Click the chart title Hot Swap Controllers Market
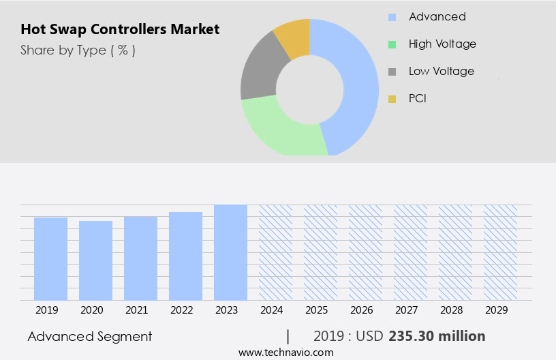(120, 29)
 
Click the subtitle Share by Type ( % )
(78, 50)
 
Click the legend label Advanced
(437, 16)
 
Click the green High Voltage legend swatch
(392, 44)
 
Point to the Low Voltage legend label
(441, 71)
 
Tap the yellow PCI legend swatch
(392, 99)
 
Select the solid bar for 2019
(50, 258)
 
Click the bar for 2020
(95, 260)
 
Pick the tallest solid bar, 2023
(230, 252)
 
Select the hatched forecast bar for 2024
(275, 252)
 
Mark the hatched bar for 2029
(500, 252)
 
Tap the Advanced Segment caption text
(90, 336)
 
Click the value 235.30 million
(437, 336)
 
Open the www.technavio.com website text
(286, 352)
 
